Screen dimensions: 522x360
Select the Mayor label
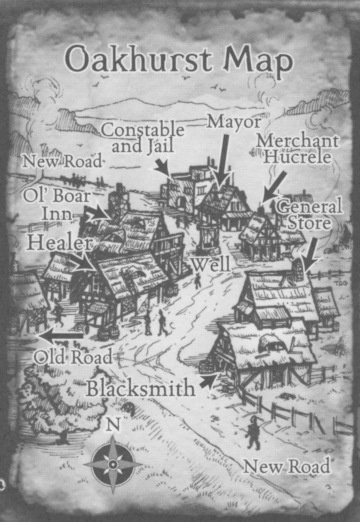[x=234, y=123]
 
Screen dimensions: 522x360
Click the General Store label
[x=310, y=214]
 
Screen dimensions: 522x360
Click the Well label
[x=210, y=264]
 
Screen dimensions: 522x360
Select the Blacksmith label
[x=140, y=389]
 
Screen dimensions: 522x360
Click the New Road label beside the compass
[x=287, y=466]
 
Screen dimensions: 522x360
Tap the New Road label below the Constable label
[x=62, y=162]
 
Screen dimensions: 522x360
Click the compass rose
[x=112, y=464]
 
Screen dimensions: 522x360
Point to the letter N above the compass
[x=112, y=425]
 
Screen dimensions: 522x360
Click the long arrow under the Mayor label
[x=223, y=161]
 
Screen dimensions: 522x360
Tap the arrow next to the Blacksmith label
[x=207, y=381]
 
